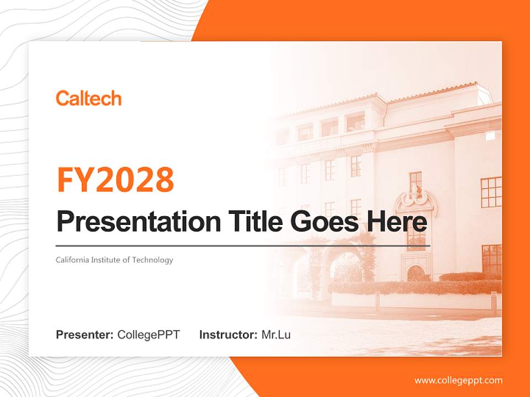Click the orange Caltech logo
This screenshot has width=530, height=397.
point(88,99)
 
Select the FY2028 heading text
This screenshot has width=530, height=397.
point(115,180)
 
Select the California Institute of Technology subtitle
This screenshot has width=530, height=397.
point(114,260)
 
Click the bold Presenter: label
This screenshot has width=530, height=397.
point(84,335)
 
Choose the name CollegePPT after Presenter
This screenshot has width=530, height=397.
point(149,335)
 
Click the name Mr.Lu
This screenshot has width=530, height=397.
point(276,335)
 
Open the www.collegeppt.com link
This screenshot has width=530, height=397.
point(458,380)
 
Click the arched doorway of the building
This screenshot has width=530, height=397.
point(415,273)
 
